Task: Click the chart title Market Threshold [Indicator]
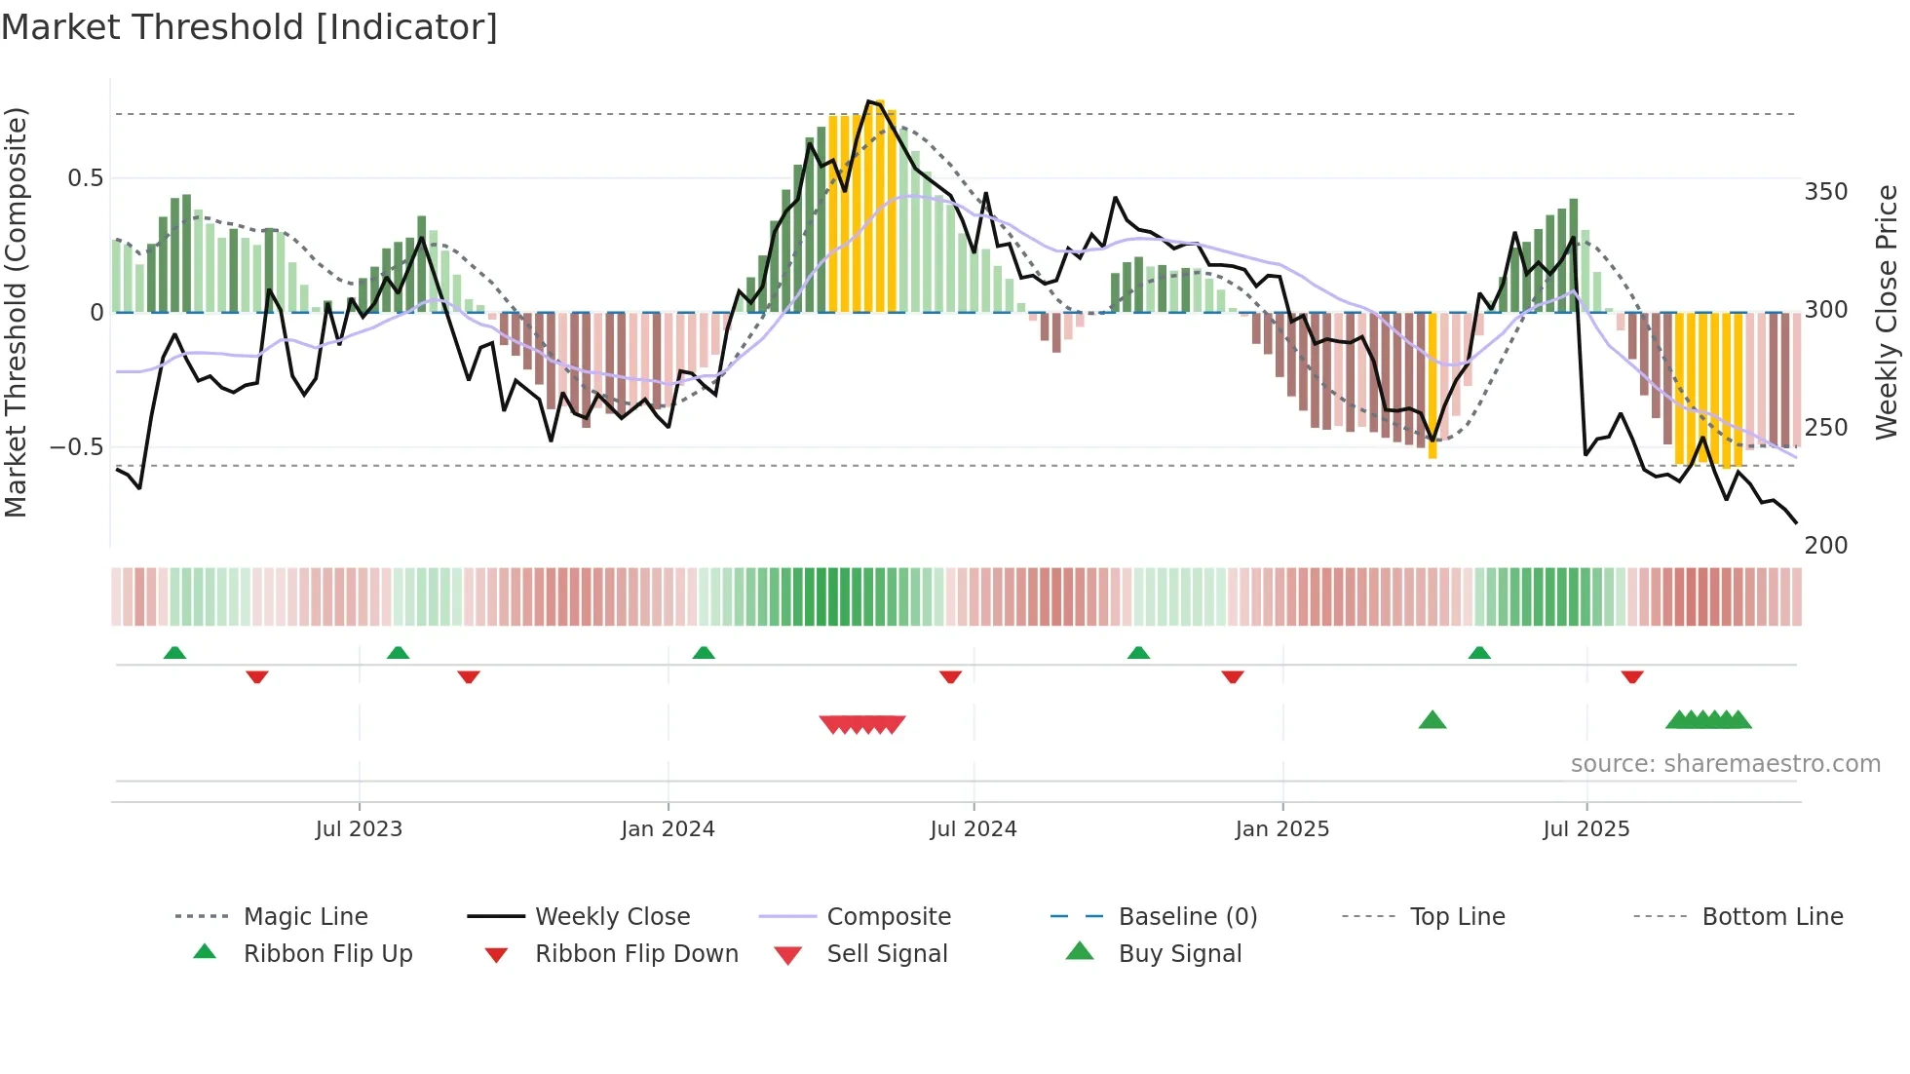(x=249, y=27)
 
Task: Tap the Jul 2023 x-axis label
(x=359, y=829)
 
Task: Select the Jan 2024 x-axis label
(x=668, y=829)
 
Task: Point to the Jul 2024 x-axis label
(x=973, y=829)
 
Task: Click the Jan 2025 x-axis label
(x=1281, y=829)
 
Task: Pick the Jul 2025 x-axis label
(x=1585, y=829)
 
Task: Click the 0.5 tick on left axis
(x=86, y=178)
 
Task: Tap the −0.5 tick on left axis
(x=76, y=447)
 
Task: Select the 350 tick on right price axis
(x=1825, y=192)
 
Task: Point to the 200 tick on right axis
(x=1825, y=546)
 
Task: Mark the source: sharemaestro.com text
(x=1725, y=764)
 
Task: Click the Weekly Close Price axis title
(x=1887, y=312)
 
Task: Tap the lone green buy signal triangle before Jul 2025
(x=1432, y=721)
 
